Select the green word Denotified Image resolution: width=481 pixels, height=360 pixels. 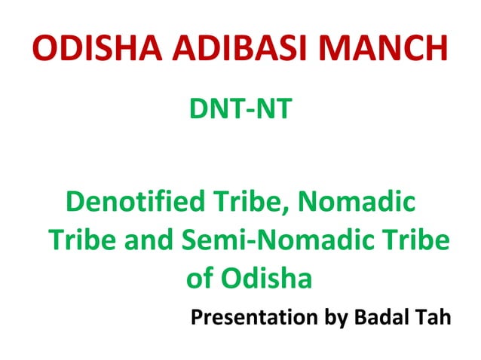(x=134, y=203)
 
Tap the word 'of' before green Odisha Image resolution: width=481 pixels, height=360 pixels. (x=201, y=279)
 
